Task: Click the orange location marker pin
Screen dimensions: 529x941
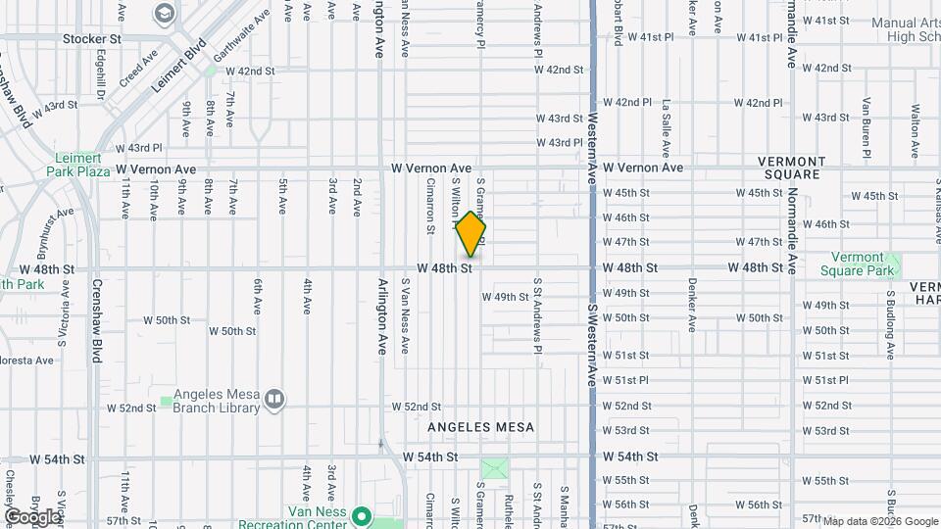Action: (470, 233)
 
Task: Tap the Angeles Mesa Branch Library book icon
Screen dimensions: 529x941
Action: (274, 398)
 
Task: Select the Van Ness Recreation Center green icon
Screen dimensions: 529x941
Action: (361, 515)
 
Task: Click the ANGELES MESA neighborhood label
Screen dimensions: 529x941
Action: (480, 427)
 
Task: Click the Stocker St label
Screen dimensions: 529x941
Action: (91, 39)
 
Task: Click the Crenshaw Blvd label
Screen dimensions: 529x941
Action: (97, 319)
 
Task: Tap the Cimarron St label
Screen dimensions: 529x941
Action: (430, 205)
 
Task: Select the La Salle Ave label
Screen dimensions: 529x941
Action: (667, 125)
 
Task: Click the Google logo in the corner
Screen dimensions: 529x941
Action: (31, 516)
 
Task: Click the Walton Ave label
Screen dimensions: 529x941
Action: (916, 124)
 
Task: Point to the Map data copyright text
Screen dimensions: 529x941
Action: (878, 521)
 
